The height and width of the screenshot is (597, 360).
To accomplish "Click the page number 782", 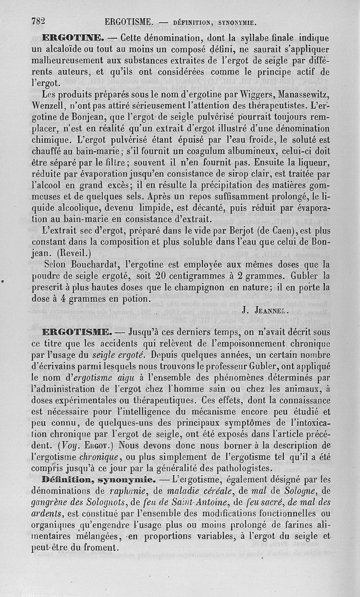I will tap(40, 21).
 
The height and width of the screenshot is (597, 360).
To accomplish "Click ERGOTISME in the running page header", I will tap(129, 21).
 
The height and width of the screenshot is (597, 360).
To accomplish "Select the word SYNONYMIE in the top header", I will tap(237, 22).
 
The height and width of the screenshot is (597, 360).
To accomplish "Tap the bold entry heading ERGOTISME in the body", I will tap(76, 333).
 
